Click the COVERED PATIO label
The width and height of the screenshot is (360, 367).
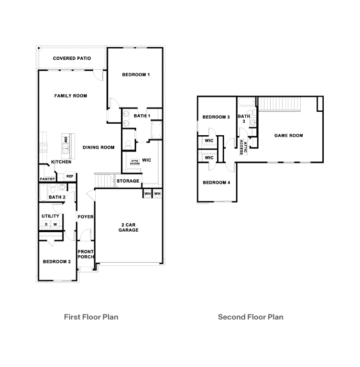coord(72,58)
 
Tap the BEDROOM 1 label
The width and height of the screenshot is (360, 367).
coord(136,75)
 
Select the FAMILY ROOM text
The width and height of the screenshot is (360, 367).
coord(70,96)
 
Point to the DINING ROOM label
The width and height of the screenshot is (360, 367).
coord(98,148)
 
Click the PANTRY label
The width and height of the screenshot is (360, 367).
coord(47,179)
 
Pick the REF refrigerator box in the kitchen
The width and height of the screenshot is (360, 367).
coord(70,176)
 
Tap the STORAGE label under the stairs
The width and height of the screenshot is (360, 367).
coord(128,181)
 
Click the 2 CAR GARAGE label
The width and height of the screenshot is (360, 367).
coord(129,227)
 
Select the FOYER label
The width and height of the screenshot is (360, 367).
coord(86,217)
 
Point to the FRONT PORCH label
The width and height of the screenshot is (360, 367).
coord(86,254)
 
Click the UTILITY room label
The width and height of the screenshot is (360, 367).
coord(50,216)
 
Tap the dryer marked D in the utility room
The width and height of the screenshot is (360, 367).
coord(46,224)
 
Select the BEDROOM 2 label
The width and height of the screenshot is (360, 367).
coord(57,261)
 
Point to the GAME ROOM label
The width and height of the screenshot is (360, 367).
coord(288,136)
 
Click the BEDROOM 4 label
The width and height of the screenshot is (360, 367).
coord(216,183)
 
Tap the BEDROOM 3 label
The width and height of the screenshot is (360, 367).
coord(216,117)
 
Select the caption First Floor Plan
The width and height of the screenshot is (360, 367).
coord(91,317)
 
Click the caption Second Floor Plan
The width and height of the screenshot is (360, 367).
coord(251,317)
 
